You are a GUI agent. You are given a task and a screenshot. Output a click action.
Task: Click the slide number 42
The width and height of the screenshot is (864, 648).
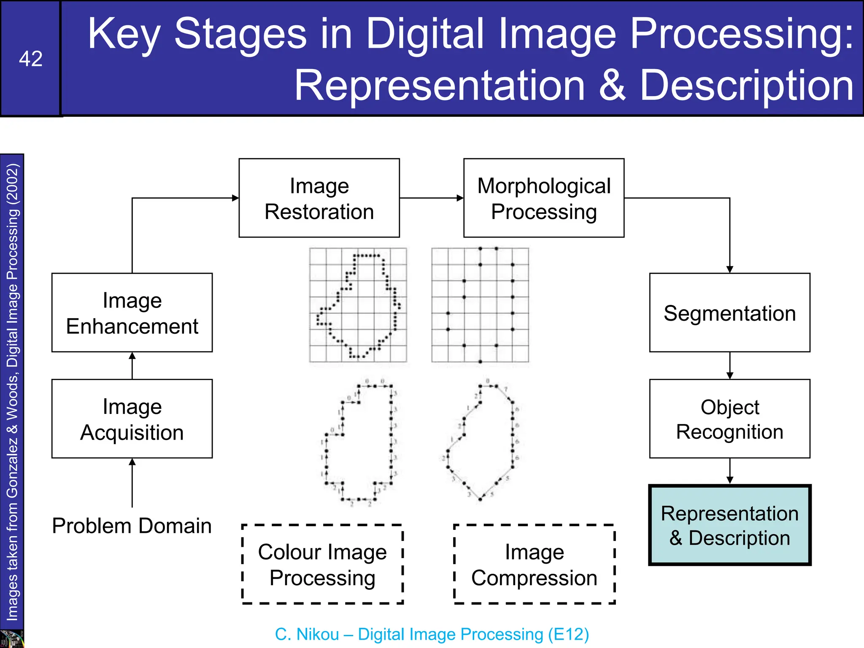(30, 59)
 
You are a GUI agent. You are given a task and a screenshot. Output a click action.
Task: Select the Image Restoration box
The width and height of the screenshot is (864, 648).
(319, 198)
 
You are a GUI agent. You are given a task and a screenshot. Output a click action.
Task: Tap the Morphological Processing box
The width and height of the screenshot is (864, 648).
(543, 198)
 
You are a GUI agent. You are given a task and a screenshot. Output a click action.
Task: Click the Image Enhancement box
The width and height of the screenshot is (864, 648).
(132, 313)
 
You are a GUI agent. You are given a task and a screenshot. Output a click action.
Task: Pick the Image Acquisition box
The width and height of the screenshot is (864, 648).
(132, 418)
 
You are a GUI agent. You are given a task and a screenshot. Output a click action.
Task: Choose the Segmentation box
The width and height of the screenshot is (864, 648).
(729, 313)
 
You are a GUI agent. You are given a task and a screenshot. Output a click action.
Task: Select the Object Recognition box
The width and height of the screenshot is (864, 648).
(729, 418)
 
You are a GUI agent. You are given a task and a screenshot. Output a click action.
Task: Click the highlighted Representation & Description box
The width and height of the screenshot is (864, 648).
(729, 525)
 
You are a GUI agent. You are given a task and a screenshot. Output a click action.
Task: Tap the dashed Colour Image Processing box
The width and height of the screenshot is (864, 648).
(322, 564)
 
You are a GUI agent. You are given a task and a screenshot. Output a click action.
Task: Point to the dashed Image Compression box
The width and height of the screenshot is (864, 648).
(534, 564)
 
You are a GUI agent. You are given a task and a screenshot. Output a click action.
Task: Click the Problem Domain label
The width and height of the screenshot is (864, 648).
(132, 526)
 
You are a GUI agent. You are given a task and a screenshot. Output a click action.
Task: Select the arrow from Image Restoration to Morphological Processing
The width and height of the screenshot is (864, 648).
(431, 198)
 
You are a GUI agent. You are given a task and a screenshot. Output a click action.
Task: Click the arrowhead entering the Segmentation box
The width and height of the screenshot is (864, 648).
(729, 269)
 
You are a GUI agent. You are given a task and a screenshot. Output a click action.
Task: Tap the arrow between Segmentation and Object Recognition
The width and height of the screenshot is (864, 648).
(729, 366)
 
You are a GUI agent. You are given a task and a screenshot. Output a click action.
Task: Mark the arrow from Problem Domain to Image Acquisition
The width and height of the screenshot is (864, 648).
(132, 483)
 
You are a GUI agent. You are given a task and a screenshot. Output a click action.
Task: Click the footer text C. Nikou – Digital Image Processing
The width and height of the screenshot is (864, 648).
(432, 634)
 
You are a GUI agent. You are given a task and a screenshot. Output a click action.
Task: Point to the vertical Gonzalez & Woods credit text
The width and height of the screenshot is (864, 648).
(12, 392)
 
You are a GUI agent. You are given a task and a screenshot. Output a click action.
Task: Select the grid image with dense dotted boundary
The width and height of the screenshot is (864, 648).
(358, 305)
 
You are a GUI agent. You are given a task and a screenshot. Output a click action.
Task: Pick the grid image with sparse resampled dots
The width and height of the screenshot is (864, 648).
(480, 305)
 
